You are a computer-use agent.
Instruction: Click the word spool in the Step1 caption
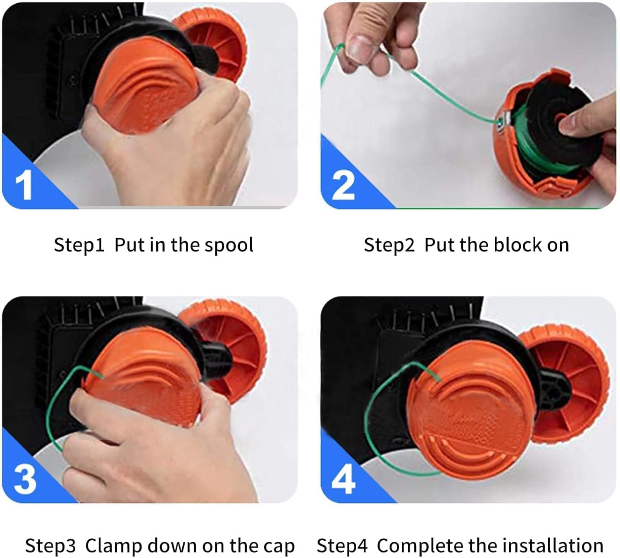coord(229,245)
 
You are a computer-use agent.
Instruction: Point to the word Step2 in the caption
coord(389,245)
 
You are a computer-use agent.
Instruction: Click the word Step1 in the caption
coord(79,245)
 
